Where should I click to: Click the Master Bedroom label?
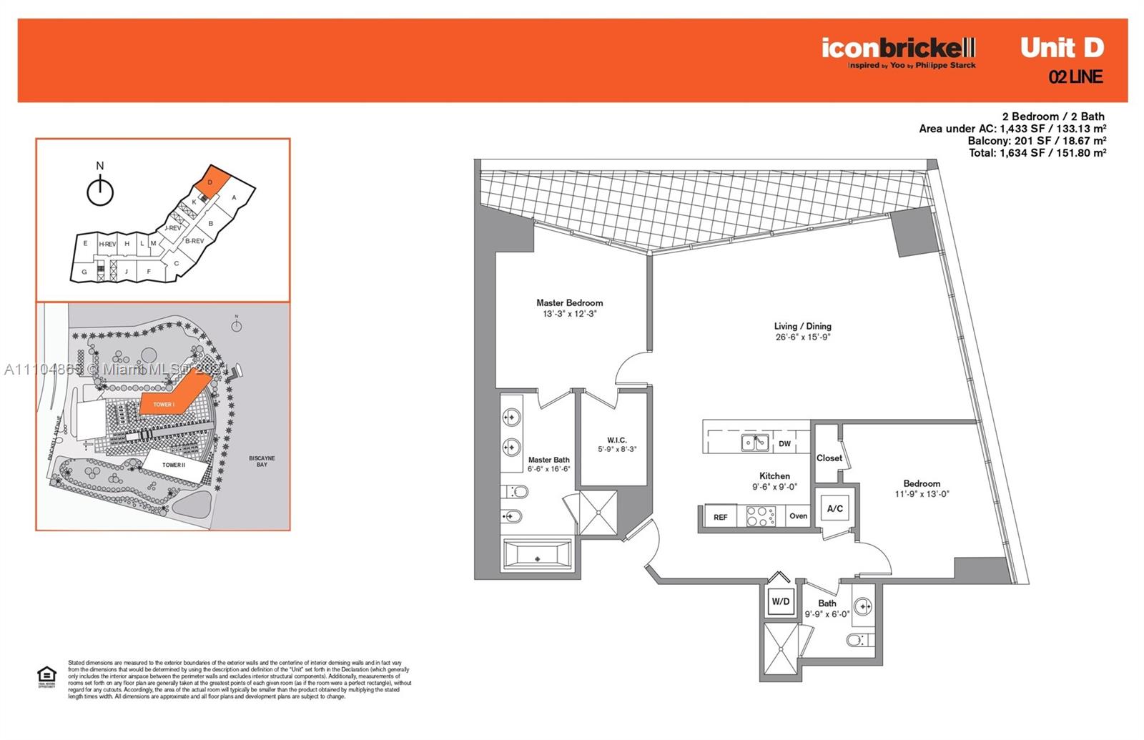click(x=569, y=303)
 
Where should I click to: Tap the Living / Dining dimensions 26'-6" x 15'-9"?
click(x=803, y=337)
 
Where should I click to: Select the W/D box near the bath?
click(x=780, y=601)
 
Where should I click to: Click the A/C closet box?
click(x=834, y=508)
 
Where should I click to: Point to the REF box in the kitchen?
click(x=720, y=517)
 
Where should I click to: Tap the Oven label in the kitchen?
click(x=798, y=515)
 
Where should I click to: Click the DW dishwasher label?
click(x=784, y=444)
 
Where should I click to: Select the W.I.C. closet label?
click(x=616, y=440)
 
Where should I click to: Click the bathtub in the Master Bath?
click(x=538, y=555)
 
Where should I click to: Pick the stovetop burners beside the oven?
click(x=761, y=515)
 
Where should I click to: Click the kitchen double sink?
click(x=755, y=443)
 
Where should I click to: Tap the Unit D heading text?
click(x=1062, y=48)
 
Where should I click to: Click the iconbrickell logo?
click(x=898, y=49)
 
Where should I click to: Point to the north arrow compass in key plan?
click(x=100, y=191)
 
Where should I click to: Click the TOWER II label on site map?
click(x=173, y=465)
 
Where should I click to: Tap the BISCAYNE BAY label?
click(x=262, y=461)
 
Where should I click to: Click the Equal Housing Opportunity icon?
click(x=46, y=676)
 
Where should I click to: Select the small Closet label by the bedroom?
click(x=829, y=458)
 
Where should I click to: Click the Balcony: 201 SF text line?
click(x=1037, y=141)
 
